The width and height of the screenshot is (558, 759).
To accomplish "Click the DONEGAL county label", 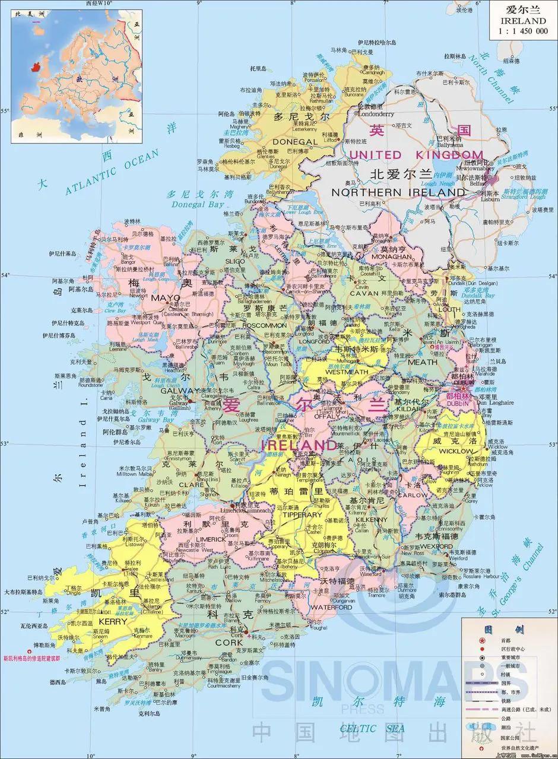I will (x=295, y=142).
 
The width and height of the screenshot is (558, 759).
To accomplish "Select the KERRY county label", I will (x=113, y=621).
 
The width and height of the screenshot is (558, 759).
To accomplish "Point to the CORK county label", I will (x=229, y=643).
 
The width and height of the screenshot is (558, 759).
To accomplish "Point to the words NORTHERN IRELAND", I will (x=398, y=192).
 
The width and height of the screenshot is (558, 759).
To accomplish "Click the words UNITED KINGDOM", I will (x=416, y=155).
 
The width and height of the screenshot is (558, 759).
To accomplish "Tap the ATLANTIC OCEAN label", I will (x=113, y=172).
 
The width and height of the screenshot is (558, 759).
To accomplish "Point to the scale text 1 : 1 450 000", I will (x=522, y=31).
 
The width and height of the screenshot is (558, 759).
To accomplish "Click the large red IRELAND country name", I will (x=299, y=444).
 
